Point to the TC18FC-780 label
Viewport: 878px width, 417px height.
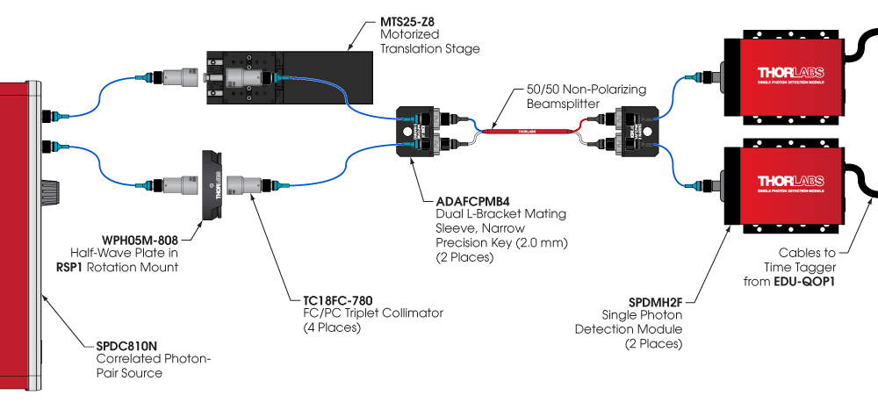[327, 299]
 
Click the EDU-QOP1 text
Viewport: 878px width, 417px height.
[833, 281]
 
